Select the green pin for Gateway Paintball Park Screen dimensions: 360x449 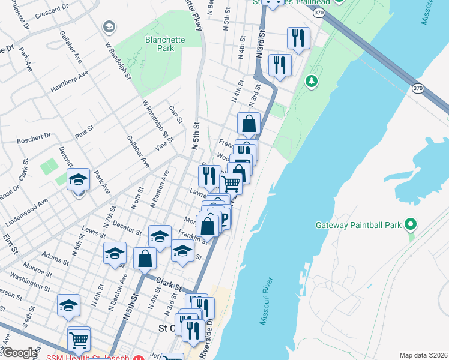point(411,226)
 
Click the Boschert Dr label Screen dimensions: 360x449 point(34,137)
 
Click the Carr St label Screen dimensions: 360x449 point(175,113)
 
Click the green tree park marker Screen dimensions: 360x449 point(311,80)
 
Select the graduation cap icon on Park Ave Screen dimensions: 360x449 point(78,179)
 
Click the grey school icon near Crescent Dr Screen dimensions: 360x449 point(109,26)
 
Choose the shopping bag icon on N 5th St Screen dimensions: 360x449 point(145,259)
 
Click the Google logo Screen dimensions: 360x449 point(19,353)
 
